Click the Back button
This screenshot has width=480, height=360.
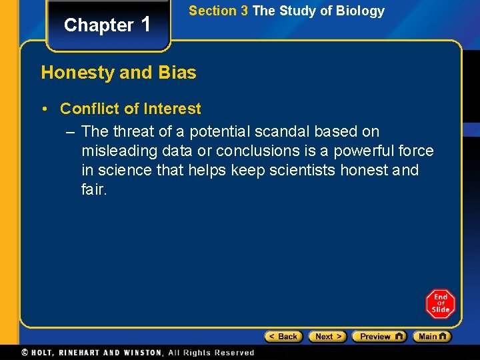pos(283,337)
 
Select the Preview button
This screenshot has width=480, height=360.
pos(379,337)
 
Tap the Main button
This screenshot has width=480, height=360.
pos(431,337)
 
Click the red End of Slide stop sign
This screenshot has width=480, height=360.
pos(440,304)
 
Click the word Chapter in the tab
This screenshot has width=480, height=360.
pos(99,25)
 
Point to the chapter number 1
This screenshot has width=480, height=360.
pos(147,24)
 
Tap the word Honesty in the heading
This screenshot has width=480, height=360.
pos(77,73)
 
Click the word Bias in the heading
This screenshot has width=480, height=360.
pos(177,73)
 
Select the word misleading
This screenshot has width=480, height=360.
pos(119,151)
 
